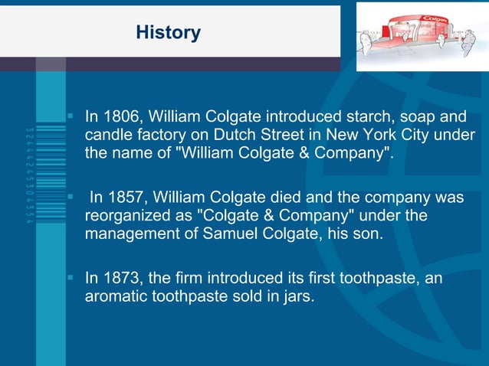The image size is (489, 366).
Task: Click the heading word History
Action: pos(168,33)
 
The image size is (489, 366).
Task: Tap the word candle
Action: pos(107,135)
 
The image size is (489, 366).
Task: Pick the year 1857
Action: pos(127,198)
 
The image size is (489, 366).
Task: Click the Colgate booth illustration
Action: pos(422,35)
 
